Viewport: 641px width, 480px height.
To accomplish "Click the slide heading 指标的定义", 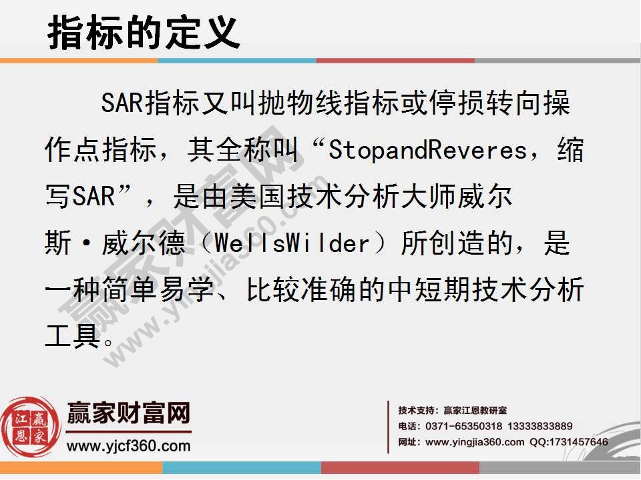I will (144, 31).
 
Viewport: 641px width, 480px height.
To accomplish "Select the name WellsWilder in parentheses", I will (292, 244).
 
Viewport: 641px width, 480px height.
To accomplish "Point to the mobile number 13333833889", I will (540, 427).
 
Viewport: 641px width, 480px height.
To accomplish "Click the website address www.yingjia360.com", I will (475, 442).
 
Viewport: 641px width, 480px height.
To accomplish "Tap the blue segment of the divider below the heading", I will (237, 61).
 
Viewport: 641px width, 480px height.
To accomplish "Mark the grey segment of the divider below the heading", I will (558, 61).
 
